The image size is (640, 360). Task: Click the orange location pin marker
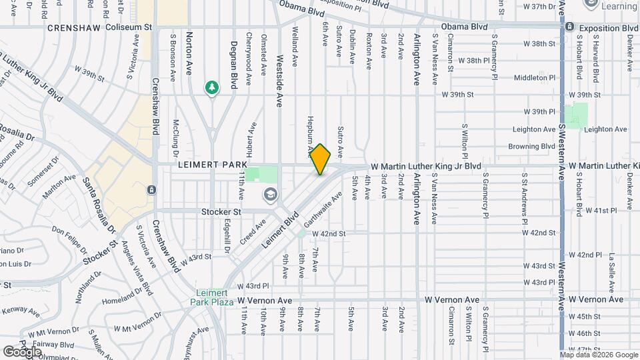point(321,160)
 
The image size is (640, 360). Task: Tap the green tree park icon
point(212,88)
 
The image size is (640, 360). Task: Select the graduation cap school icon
point(270,195)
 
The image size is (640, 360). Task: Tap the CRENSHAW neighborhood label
point(73,28)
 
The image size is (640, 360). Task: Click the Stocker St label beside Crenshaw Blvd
point(221,212)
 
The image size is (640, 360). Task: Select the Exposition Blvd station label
point(609,28)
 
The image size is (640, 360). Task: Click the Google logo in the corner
point(22,351)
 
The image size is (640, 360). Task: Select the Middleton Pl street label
point(535,78)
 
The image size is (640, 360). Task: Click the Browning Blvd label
point(532,146)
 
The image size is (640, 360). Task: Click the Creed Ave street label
point(254,231)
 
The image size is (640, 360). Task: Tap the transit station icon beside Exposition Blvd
point(569,28)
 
